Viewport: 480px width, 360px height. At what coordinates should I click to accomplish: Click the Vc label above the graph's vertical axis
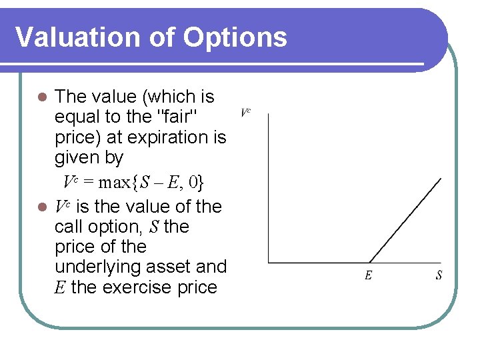click(x=245, y=113)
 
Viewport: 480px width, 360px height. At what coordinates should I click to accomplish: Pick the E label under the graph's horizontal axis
click(x=368, y=275)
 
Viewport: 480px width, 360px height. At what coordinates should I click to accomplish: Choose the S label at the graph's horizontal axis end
click(x=439, y=275)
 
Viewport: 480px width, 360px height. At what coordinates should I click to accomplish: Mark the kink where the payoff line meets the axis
click(x=369, y=262)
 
